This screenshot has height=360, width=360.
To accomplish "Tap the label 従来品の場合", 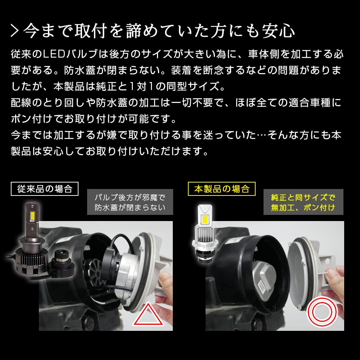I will [x=45, y=188].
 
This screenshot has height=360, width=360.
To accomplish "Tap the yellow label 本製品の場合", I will [x=222, y=188].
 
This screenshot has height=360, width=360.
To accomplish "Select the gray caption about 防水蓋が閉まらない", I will [x=130, y=202].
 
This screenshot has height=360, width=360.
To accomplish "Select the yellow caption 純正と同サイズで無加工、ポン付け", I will [x=303, y=202].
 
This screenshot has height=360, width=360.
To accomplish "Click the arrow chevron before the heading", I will [x=16, y=31].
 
